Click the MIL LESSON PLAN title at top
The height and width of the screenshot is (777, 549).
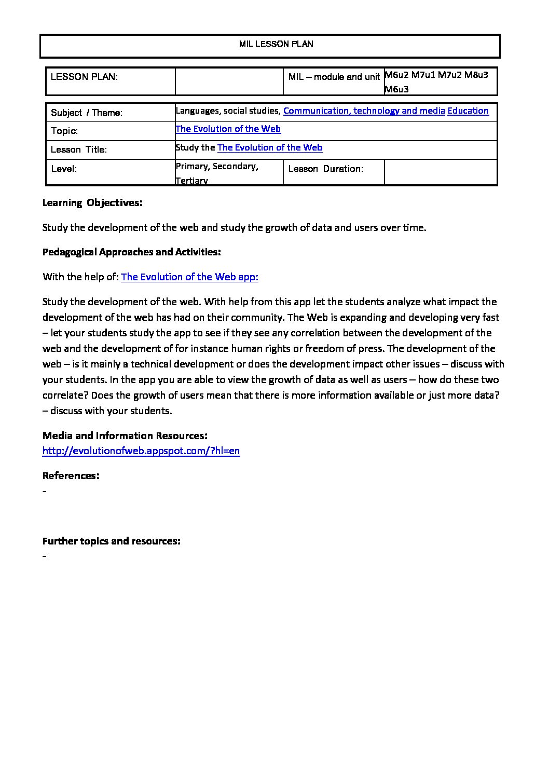(x=276, y=44)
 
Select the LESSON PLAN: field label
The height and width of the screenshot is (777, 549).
(x=84, y=77)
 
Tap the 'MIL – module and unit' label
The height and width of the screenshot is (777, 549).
(x=334, y=77)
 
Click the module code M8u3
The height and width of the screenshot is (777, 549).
(x=476, y=75)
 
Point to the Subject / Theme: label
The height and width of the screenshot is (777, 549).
(x=87, y=113)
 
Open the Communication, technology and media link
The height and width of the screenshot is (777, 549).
(x=364, y=111)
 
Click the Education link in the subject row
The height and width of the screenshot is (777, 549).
(x=468, y=111)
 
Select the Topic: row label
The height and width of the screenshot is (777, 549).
(x=64, y=131)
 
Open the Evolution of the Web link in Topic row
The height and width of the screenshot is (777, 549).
(x=228, y=129)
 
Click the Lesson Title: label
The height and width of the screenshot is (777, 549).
(x=79, y=150)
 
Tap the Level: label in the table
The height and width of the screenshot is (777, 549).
(x=64, y=169)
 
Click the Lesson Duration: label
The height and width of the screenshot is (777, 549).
(x=325, y=169)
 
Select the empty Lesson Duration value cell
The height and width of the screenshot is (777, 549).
(x=440, y=172)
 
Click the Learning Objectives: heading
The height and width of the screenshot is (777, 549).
(x=92, y=203)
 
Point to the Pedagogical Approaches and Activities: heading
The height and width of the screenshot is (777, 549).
(x=132, y=252)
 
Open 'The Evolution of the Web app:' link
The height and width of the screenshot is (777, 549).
(x=189, y=277)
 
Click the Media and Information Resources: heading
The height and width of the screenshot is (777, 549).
(x=125, y=435)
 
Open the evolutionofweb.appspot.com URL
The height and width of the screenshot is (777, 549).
(x=141, y=451)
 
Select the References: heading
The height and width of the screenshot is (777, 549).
(x=71, y=475)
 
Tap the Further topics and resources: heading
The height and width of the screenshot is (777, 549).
(x=112, y=541)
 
